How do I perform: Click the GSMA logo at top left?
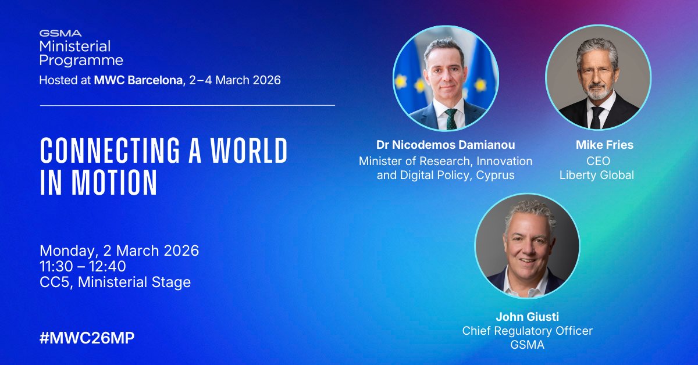point(60,33)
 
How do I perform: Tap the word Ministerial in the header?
point(75,46)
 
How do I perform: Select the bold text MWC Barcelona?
point(137,80)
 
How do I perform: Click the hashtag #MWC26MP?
point(87,339)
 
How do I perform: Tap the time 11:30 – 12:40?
point(83,267)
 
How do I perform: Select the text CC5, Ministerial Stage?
point(115,282)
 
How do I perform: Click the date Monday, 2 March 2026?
point(119,251)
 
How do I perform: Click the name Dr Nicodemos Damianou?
point(446,144)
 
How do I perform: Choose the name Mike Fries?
point(597,144)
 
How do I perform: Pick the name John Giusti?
point(527,317)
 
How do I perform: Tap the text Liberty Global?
point(597,175)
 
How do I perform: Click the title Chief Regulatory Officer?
point(527,331)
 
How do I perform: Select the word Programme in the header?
point(81,60)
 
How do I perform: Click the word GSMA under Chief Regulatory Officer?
point(527,345)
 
